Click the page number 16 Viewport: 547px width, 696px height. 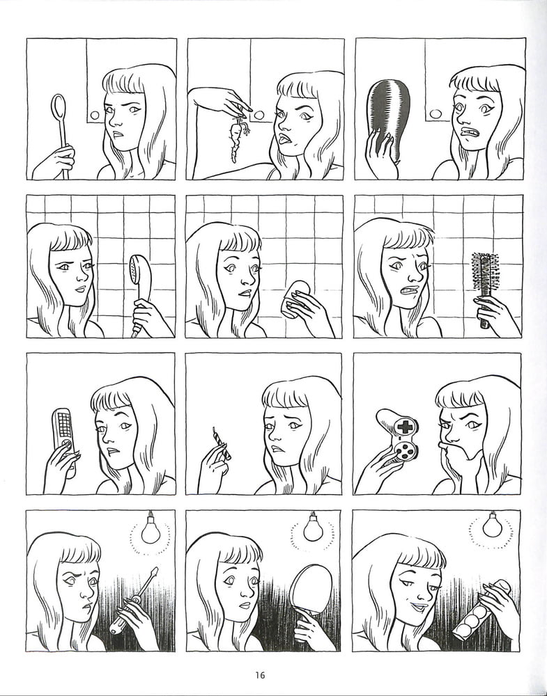point(260,675)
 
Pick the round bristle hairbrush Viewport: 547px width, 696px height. point(485,289)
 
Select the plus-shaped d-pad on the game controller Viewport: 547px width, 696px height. point(406,427)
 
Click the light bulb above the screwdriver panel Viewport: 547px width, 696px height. point(151,529)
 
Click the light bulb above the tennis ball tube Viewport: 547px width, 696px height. point(493,525)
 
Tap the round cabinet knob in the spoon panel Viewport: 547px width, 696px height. point(95,116)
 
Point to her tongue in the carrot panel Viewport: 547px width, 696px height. point(283,139)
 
